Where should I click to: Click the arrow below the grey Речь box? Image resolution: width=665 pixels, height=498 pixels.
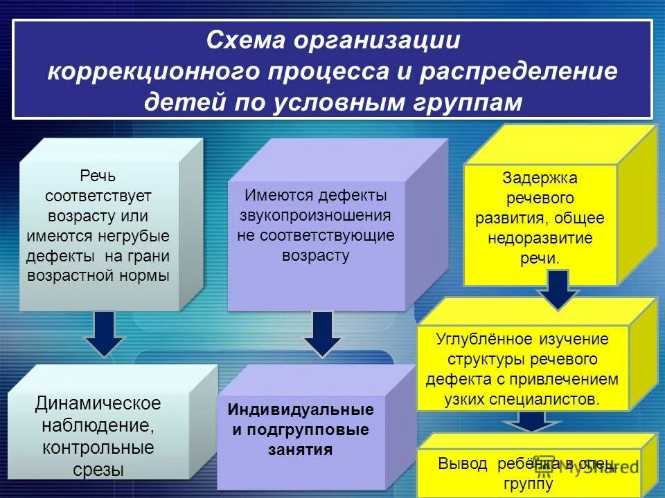pos(104,333)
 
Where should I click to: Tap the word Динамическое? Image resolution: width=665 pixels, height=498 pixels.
pos(98,403)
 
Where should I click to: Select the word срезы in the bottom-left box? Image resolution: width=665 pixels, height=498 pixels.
pos(98,470)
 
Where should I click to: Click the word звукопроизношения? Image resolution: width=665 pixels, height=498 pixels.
pos(315,215)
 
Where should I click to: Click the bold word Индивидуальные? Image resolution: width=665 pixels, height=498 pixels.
pos(301,409)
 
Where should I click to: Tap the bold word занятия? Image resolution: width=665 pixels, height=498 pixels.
pos(301,450)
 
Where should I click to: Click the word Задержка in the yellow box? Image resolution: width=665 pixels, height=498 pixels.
pos(540,178)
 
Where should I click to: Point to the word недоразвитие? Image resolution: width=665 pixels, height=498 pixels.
pos(540,239)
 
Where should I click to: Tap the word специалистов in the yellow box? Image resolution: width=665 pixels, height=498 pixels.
pos(551,399)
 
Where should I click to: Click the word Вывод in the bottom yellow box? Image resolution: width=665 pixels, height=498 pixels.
pos(462,463)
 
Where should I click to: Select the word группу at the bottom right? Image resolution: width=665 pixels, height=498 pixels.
pos(529,483)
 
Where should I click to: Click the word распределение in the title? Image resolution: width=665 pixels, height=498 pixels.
pos(520,72)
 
